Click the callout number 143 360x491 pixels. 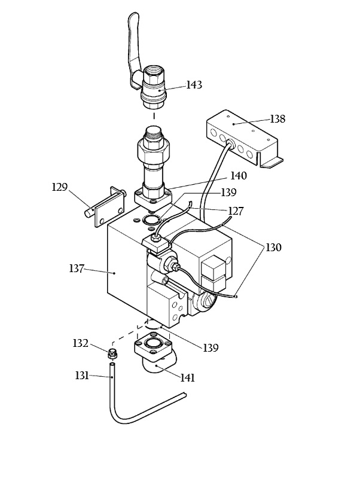194,85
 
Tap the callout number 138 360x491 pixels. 277,119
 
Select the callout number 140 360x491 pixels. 239,176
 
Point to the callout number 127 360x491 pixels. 236,211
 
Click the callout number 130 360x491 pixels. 273,248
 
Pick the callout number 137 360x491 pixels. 77,269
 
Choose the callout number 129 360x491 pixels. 59,187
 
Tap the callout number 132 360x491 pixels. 81,343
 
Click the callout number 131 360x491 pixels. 82,375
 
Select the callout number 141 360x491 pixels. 188,377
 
